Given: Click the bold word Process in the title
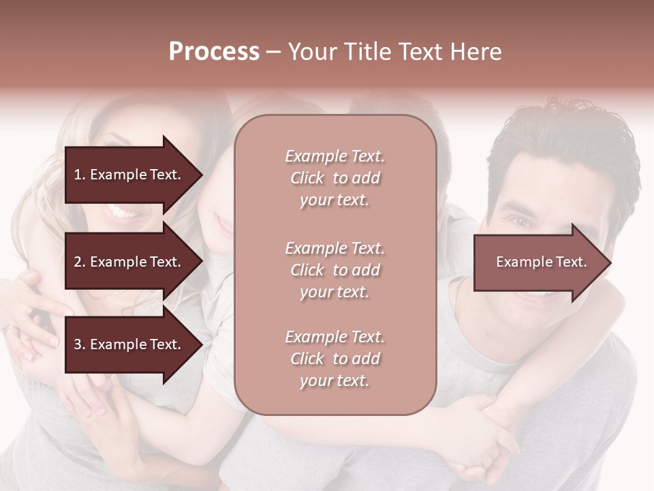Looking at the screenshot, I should point(214,52).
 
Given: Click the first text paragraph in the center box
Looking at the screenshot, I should point(334,178).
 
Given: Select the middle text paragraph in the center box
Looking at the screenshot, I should point(334,270).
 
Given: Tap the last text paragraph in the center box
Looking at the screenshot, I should point(334,359).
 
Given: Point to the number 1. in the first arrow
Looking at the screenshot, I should point(79,175).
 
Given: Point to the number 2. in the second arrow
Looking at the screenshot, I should point(80,263).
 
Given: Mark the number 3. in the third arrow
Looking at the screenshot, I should point(80,345).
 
